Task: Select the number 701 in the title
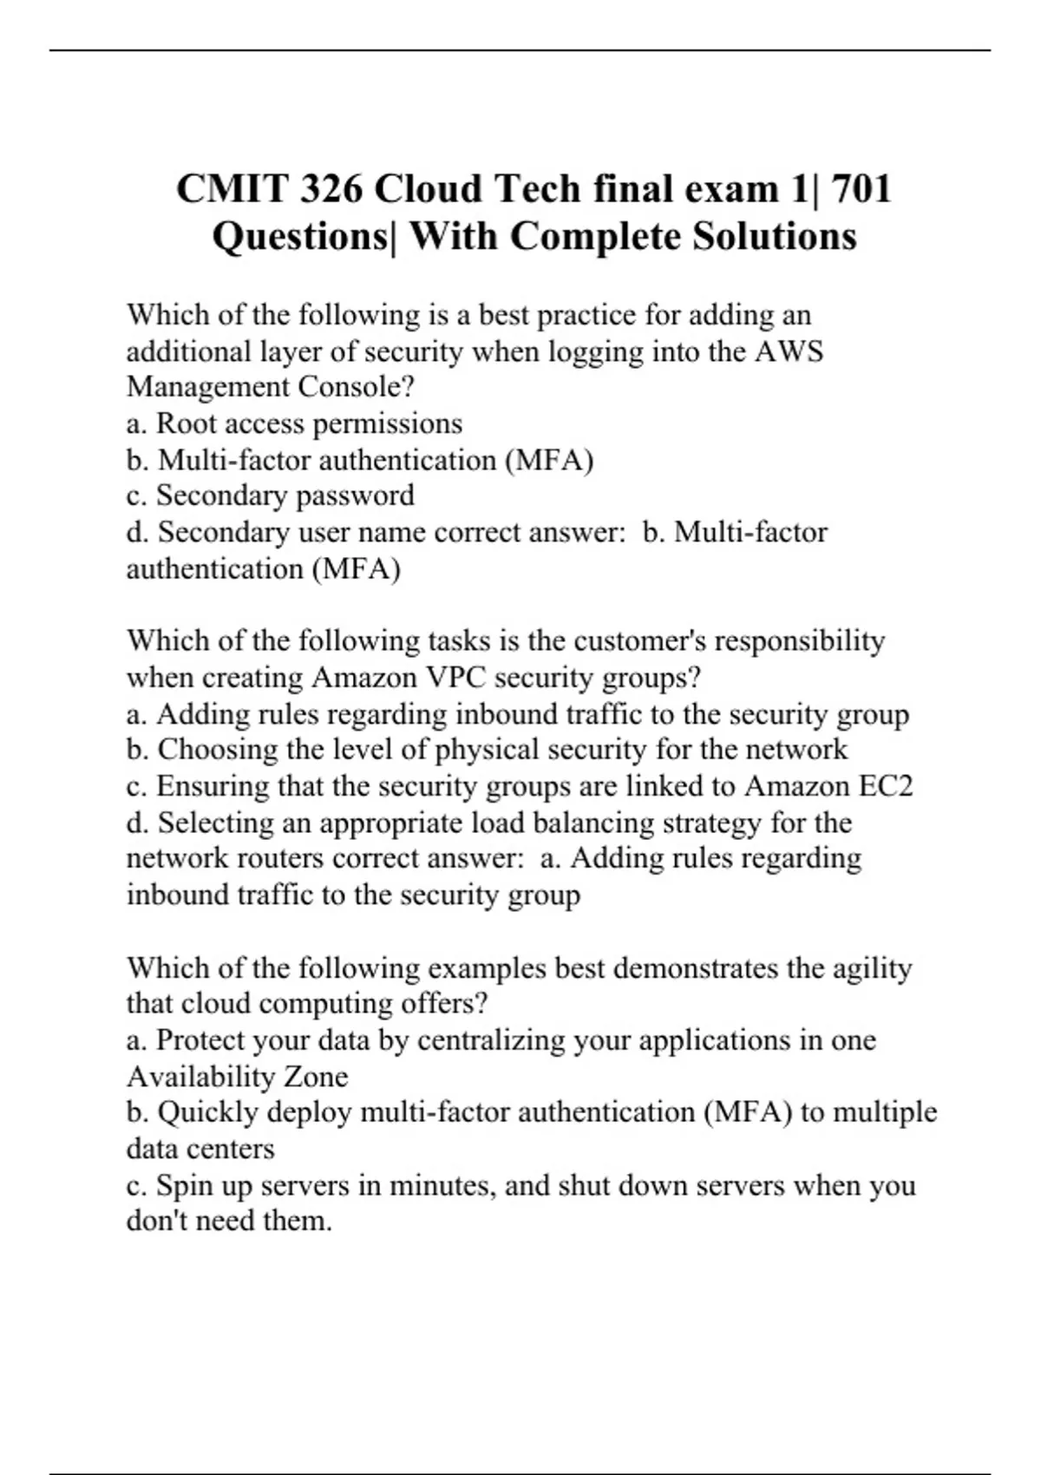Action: (861, 189)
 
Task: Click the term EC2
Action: (886, 786)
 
